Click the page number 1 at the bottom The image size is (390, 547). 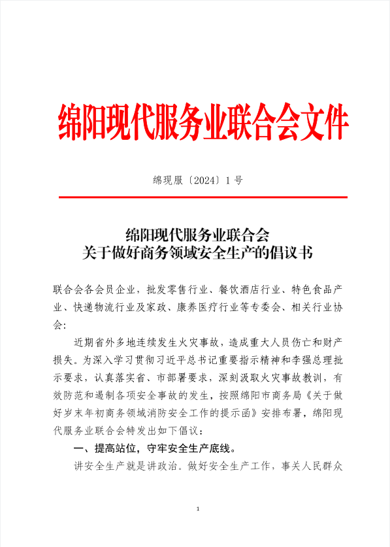197,508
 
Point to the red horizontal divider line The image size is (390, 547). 203,197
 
